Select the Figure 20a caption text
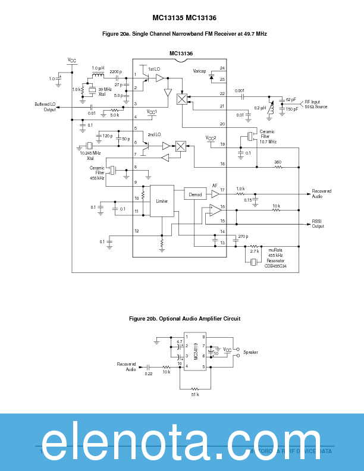tap(184, 34)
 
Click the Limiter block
tap(162, 201)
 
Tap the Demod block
tap(195, 194)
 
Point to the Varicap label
tap(199, 71)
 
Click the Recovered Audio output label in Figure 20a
tap(322, 193)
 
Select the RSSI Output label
tap(318, 224)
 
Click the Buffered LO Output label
tap(45, 106)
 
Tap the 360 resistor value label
tap(278, 162)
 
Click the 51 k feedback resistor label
tap(194, 394)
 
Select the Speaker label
tap(250, 352)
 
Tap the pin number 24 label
tap(222, 68)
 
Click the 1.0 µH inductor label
tap(98, 68)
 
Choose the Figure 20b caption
tap(184, 319)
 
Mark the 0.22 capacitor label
tap(149, 373)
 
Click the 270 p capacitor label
tap(243, 237)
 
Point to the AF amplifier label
tap(215, 185)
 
